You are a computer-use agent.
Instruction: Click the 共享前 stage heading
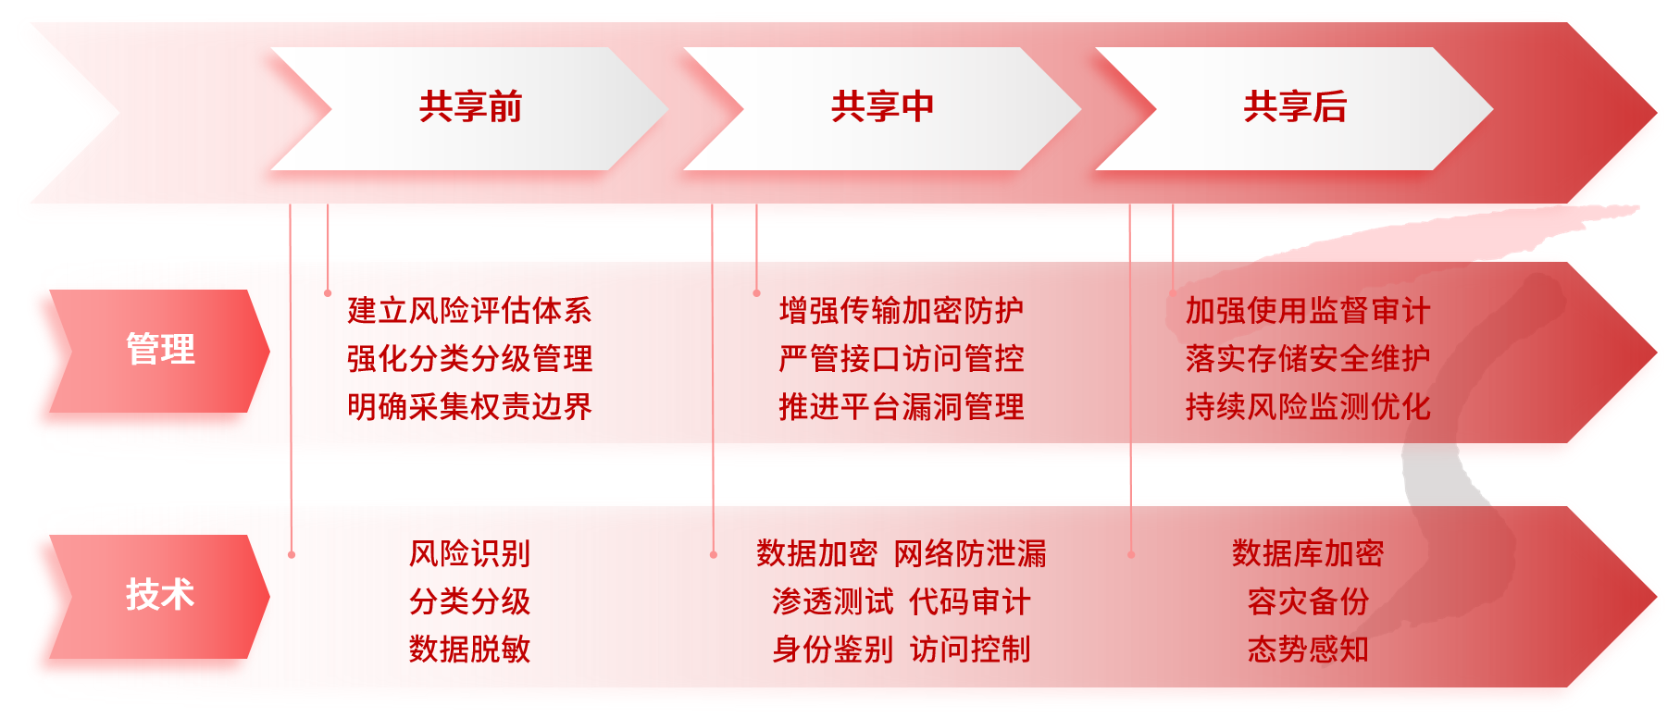(470, 107)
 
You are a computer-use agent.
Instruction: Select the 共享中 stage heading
(882, 107)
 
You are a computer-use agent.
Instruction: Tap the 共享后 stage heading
(1294, 107)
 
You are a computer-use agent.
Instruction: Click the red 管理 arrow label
(160, 350)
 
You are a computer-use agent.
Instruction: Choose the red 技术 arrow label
(160, 594)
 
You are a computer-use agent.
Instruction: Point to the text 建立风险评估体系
(469, 311)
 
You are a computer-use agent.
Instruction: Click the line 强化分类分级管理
(469, 359)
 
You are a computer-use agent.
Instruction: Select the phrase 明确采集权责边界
(469, 407)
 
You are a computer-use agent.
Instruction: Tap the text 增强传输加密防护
(901, 311)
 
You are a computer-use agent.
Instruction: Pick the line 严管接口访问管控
(901, 359)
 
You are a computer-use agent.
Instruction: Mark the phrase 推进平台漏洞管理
(901, 407)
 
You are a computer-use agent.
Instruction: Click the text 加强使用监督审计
(1307, 311)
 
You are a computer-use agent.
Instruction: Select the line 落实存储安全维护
(1307, 359)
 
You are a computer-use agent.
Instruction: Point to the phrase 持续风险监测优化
(1307, 407)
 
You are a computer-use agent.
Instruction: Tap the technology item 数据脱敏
(469, 650)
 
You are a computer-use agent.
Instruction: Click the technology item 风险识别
(469, 553)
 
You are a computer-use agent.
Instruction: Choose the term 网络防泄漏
(970, 553)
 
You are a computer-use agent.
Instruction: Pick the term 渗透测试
(832, 601)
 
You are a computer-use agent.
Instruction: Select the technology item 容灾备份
(1307, 601)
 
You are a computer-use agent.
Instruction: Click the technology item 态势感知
(1307, 650)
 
